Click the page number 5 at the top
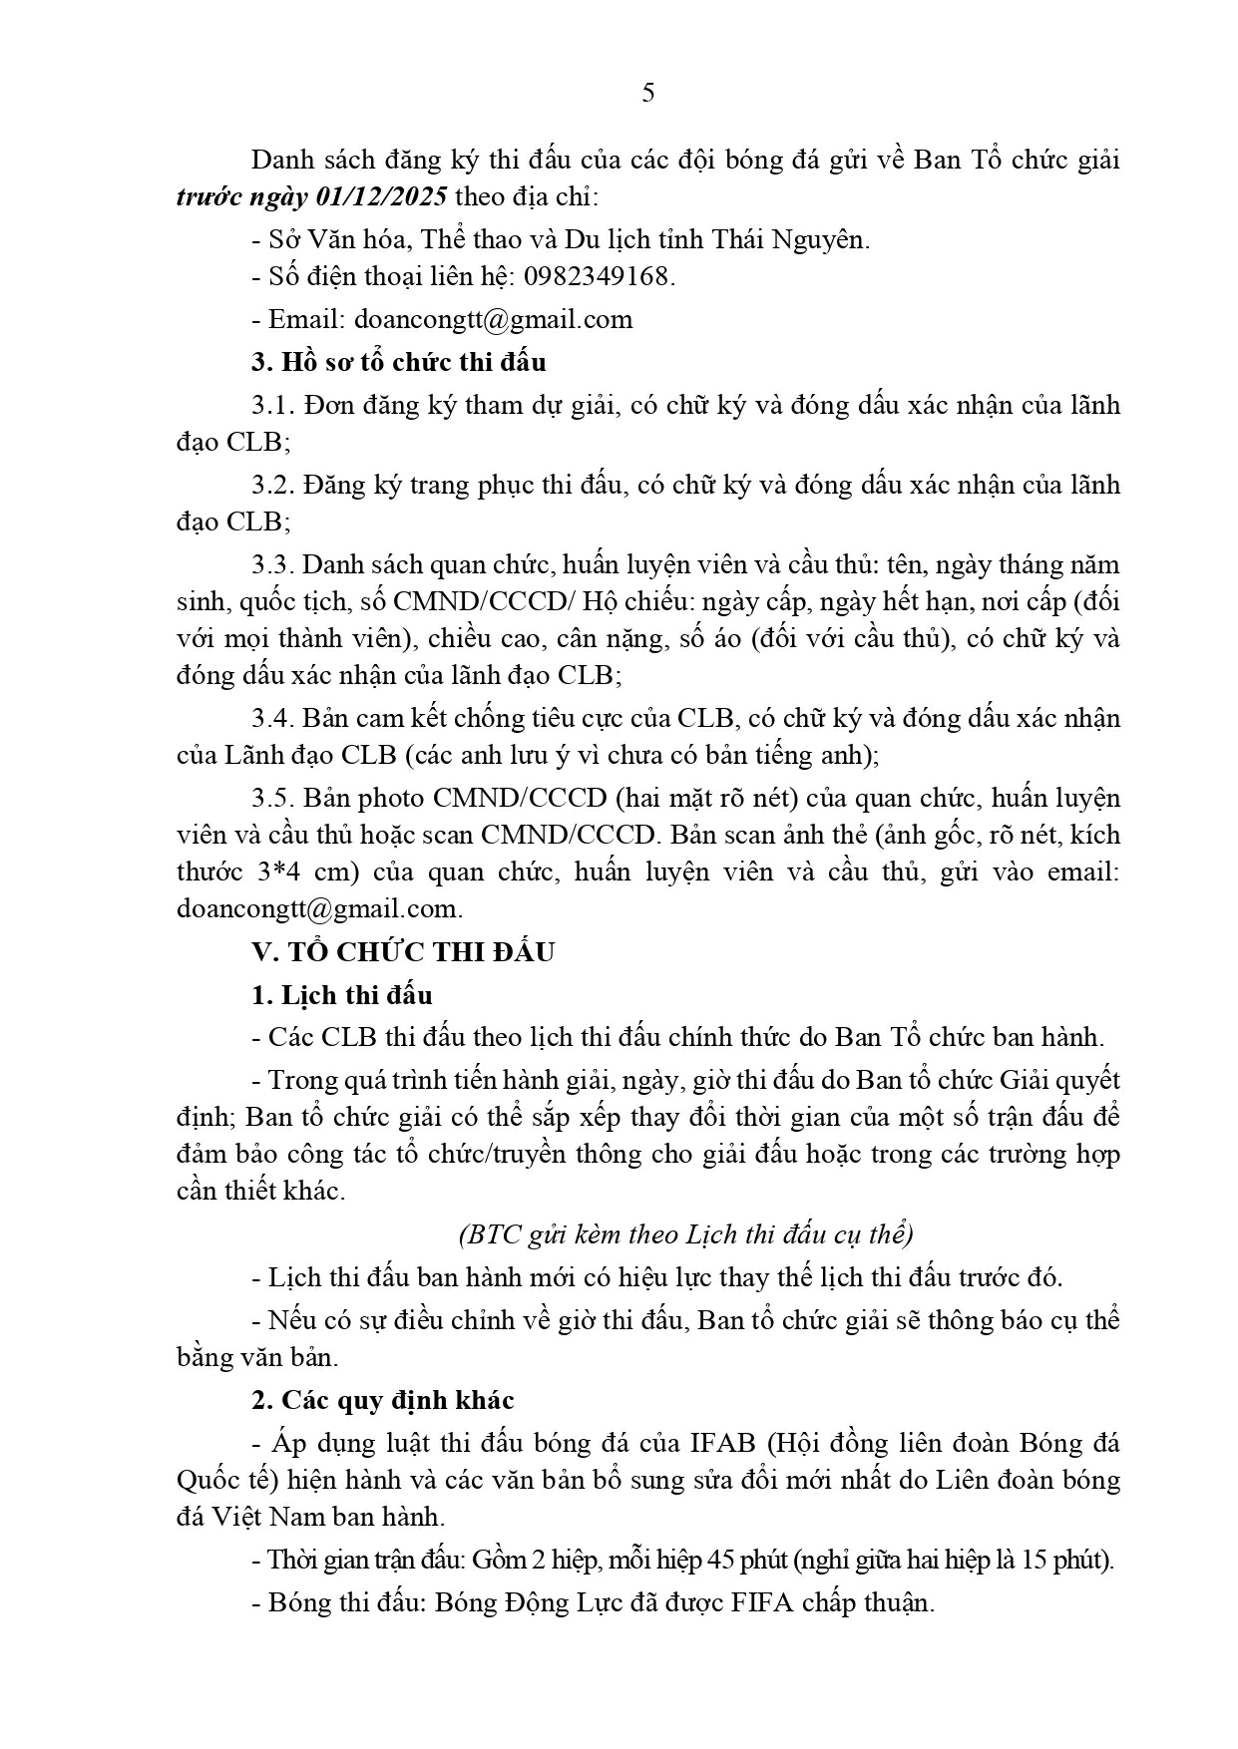point(648,94)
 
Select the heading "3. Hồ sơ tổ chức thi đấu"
point(398,362)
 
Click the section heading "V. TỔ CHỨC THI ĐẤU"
point(403,952)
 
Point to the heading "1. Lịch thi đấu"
point(342,995)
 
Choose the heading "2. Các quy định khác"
point(383,1400)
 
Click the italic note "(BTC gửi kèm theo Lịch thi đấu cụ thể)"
point(686,1234)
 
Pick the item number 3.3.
point(272,565)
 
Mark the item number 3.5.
point(272,799)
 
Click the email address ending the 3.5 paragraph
point(318,909)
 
